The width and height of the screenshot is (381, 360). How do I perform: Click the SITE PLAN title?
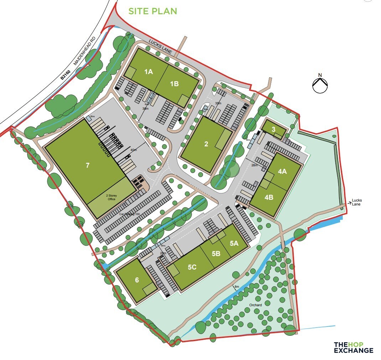[x=152, y=11]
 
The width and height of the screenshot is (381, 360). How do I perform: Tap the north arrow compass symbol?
[x=320, y=84]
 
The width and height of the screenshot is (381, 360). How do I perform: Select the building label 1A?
[x=148, y=72]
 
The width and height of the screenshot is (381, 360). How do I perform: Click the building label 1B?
[x=174, y=84]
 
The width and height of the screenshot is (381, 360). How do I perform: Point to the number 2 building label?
[x=206, y=144]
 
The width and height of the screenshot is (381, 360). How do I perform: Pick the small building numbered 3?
[x=273, y=130]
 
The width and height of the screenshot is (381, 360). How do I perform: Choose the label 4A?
[x=282, y=172]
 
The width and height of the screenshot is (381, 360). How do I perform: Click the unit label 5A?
[x=234, y=244]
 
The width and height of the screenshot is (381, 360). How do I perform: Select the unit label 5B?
[x=216, y=254]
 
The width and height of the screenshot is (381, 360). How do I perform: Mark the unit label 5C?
[x=192, y=267]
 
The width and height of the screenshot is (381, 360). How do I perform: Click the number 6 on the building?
[x=137, y=280]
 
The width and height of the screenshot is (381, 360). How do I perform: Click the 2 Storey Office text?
[x=111, y=197]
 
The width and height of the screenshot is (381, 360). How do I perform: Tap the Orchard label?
[x=255, y=305]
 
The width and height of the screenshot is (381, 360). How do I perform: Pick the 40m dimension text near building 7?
[x=134, y=150]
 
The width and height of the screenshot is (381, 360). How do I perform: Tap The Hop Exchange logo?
[x=353, y=348]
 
